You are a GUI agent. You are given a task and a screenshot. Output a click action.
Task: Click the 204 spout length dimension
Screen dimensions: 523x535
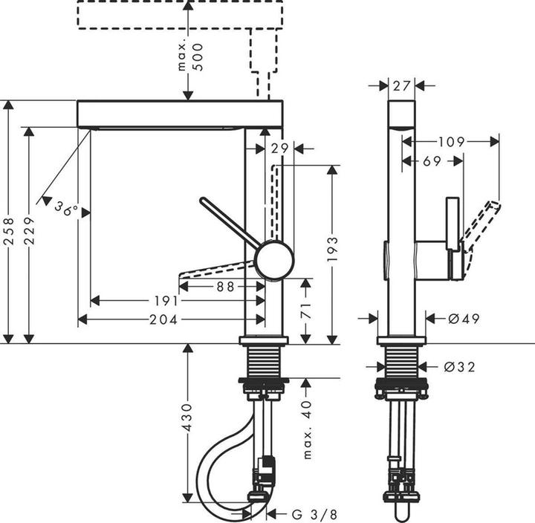click(x=164, y=319)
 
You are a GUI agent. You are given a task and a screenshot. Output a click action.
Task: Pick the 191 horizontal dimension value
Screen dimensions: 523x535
click(x=166, y=301)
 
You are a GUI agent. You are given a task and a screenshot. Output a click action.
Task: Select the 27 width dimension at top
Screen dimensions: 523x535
click(x=402, y=86)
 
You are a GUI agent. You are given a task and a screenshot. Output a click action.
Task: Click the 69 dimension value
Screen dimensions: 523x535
click(x=432, y=160)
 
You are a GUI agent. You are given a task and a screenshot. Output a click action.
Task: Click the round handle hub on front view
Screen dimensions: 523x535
click(x=274, y=260)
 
